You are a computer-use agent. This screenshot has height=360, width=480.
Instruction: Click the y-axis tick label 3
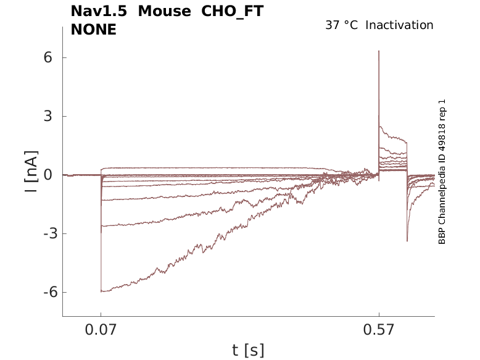pos(47,116)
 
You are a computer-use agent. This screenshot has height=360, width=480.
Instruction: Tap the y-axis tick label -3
pos(44,234)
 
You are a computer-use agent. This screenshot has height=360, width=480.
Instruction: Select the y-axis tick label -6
pos(44,293)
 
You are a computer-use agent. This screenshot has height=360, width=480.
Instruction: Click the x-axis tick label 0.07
pos(101,330)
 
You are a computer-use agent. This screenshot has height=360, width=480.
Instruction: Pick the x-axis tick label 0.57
pos(379,330)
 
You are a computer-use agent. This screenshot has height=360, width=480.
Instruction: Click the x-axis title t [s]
pos(248,350)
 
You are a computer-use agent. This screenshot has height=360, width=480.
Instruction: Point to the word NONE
pos(94,29)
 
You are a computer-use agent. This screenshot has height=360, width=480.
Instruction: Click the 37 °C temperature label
pos(341,25)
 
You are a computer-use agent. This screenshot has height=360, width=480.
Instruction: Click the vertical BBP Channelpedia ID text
pos(442,172)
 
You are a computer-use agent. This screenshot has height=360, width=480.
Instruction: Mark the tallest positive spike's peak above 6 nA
pos(379,51)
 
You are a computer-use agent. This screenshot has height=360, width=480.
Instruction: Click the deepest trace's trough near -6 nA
pos(102,291)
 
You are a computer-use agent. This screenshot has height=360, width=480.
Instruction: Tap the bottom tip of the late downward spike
pos(407,241)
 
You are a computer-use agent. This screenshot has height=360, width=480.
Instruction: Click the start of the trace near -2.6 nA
pos(102,226)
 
